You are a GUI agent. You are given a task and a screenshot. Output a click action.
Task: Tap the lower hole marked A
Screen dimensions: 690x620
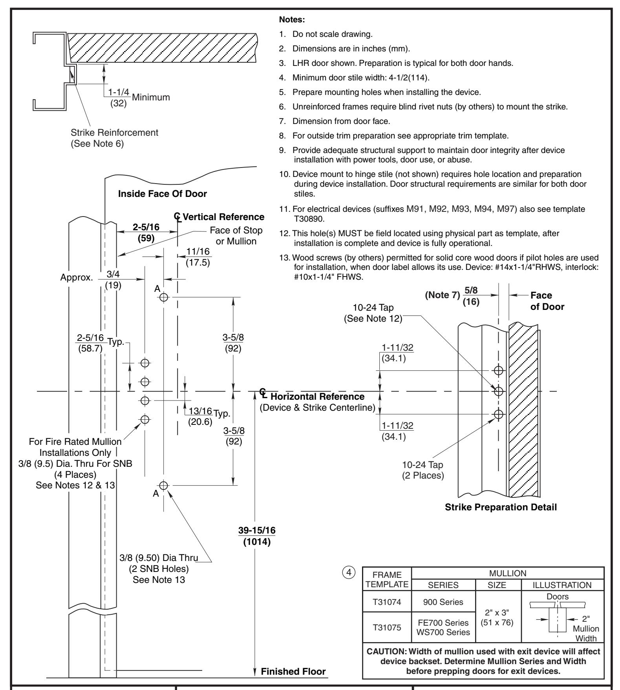coord(164,485)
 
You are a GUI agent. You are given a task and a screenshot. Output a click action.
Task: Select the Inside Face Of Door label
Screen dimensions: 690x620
coord(163,193)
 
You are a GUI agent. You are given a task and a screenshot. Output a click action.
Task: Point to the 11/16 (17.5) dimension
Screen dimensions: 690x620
coord(198,257)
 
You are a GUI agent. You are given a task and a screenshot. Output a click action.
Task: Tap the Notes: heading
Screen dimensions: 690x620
coord(289,19)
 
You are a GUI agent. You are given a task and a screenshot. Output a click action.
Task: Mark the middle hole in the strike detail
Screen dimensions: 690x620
coord(498,391)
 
